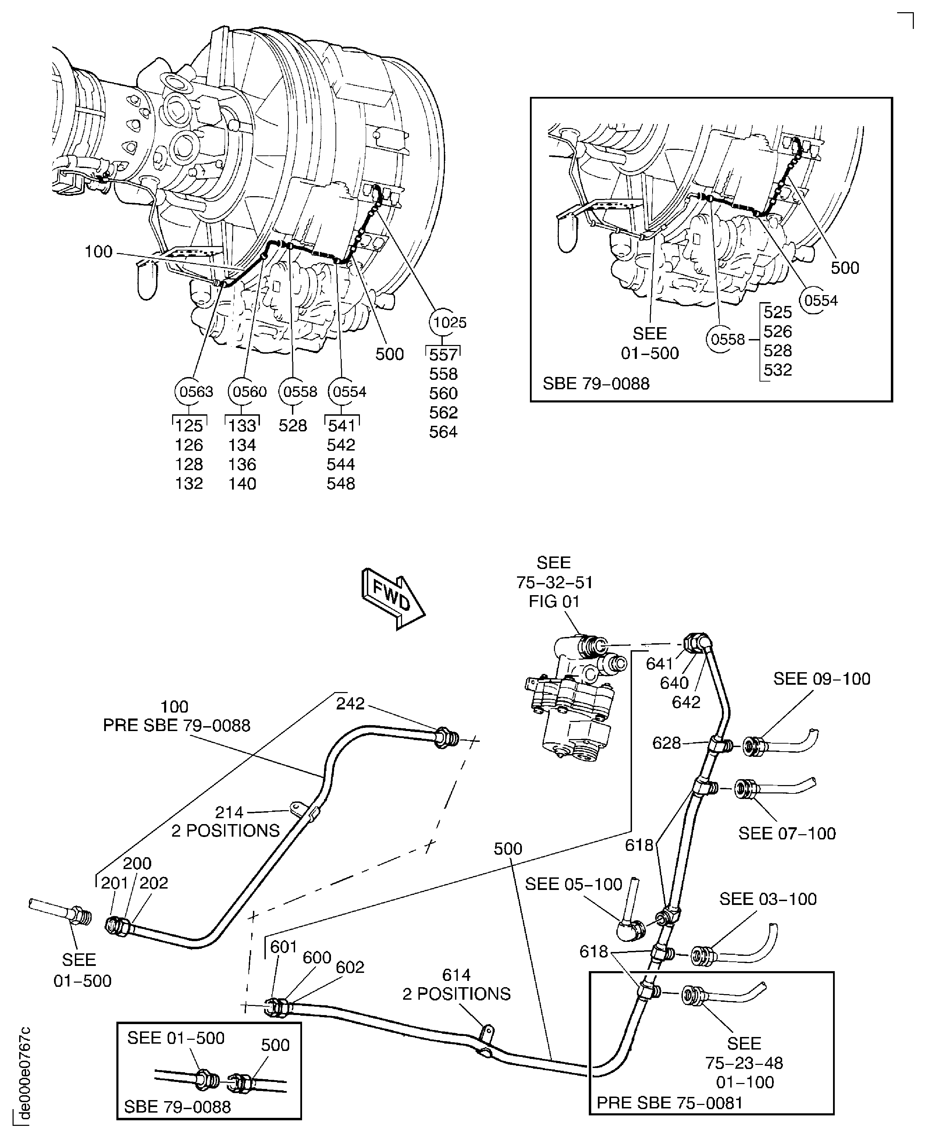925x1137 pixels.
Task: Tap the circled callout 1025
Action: (x=448, y=322)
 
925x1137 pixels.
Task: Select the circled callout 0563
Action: (x=195, y=392)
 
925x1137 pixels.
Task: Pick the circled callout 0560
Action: (x=249, y=392)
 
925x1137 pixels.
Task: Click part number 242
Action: (x=350, y=704)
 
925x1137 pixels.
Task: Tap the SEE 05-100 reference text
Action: (x=573, y=884)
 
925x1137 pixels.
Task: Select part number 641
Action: (x=660, y=663)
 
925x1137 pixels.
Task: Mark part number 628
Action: (x=666, y=743)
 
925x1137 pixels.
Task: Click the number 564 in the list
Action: (x=443, y=432)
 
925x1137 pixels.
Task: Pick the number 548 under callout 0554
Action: (x=340, y=484)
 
